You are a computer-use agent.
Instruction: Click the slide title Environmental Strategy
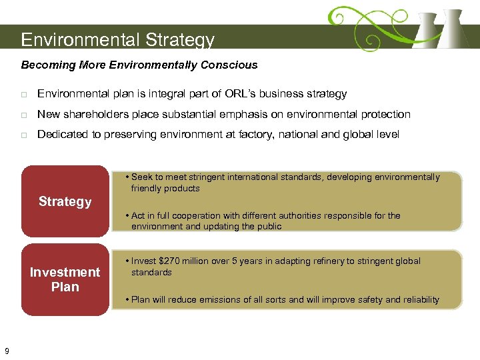[117, 40]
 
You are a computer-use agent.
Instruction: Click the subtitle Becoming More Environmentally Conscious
[139, 65]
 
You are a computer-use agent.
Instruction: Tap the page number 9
[7, 351]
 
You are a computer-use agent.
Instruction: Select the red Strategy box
[65, 201]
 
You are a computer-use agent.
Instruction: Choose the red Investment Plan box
[65, 279]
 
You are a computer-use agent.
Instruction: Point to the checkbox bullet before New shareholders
[24, 115]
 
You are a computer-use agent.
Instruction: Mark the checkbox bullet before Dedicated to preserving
[24, 135]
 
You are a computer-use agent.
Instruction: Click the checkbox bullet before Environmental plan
[24, 95]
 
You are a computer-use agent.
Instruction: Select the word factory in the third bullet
[251, 135]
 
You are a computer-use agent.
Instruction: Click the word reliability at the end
[419, 299]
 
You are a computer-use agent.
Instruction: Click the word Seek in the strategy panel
[141, 177]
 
